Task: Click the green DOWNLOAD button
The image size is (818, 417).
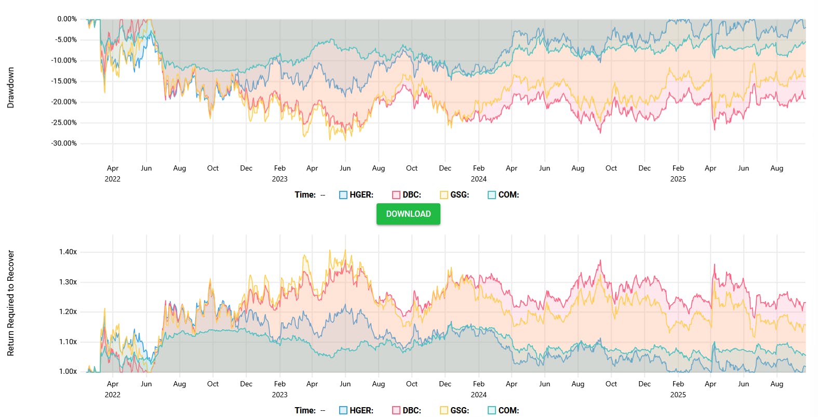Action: [408, 214]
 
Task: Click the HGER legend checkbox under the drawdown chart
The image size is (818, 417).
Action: [343, 195]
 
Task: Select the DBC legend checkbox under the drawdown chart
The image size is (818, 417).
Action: [396, 195]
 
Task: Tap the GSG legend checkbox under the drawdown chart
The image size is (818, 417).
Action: [444, 195]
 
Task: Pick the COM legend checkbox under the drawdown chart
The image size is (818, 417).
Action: [492, 195]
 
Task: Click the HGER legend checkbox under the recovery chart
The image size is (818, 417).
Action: [343, 410]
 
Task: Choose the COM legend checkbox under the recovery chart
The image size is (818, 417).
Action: [492, 410]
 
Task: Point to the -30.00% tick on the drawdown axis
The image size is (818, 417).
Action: [64, 144]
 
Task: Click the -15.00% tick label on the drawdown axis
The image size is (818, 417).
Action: [64, 81]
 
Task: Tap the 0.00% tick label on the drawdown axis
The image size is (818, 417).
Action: [67, 19]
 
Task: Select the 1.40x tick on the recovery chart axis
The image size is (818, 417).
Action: [68, 252]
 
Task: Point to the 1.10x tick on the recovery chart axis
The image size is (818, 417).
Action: [68, 342]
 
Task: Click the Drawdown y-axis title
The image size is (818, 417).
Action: [10, 87]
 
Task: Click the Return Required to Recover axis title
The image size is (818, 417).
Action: [10, 303]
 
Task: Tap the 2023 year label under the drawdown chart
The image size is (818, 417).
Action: [279, 179]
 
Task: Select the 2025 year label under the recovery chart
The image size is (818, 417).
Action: [678, 395]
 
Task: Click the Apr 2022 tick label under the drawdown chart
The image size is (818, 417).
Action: [113, 168]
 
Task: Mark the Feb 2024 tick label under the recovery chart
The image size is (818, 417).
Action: [478, 384]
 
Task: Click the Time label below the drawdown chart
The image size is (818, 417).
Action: [305, 195]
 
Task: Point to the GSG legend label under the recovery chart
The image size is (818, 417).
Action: [460, 410]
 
